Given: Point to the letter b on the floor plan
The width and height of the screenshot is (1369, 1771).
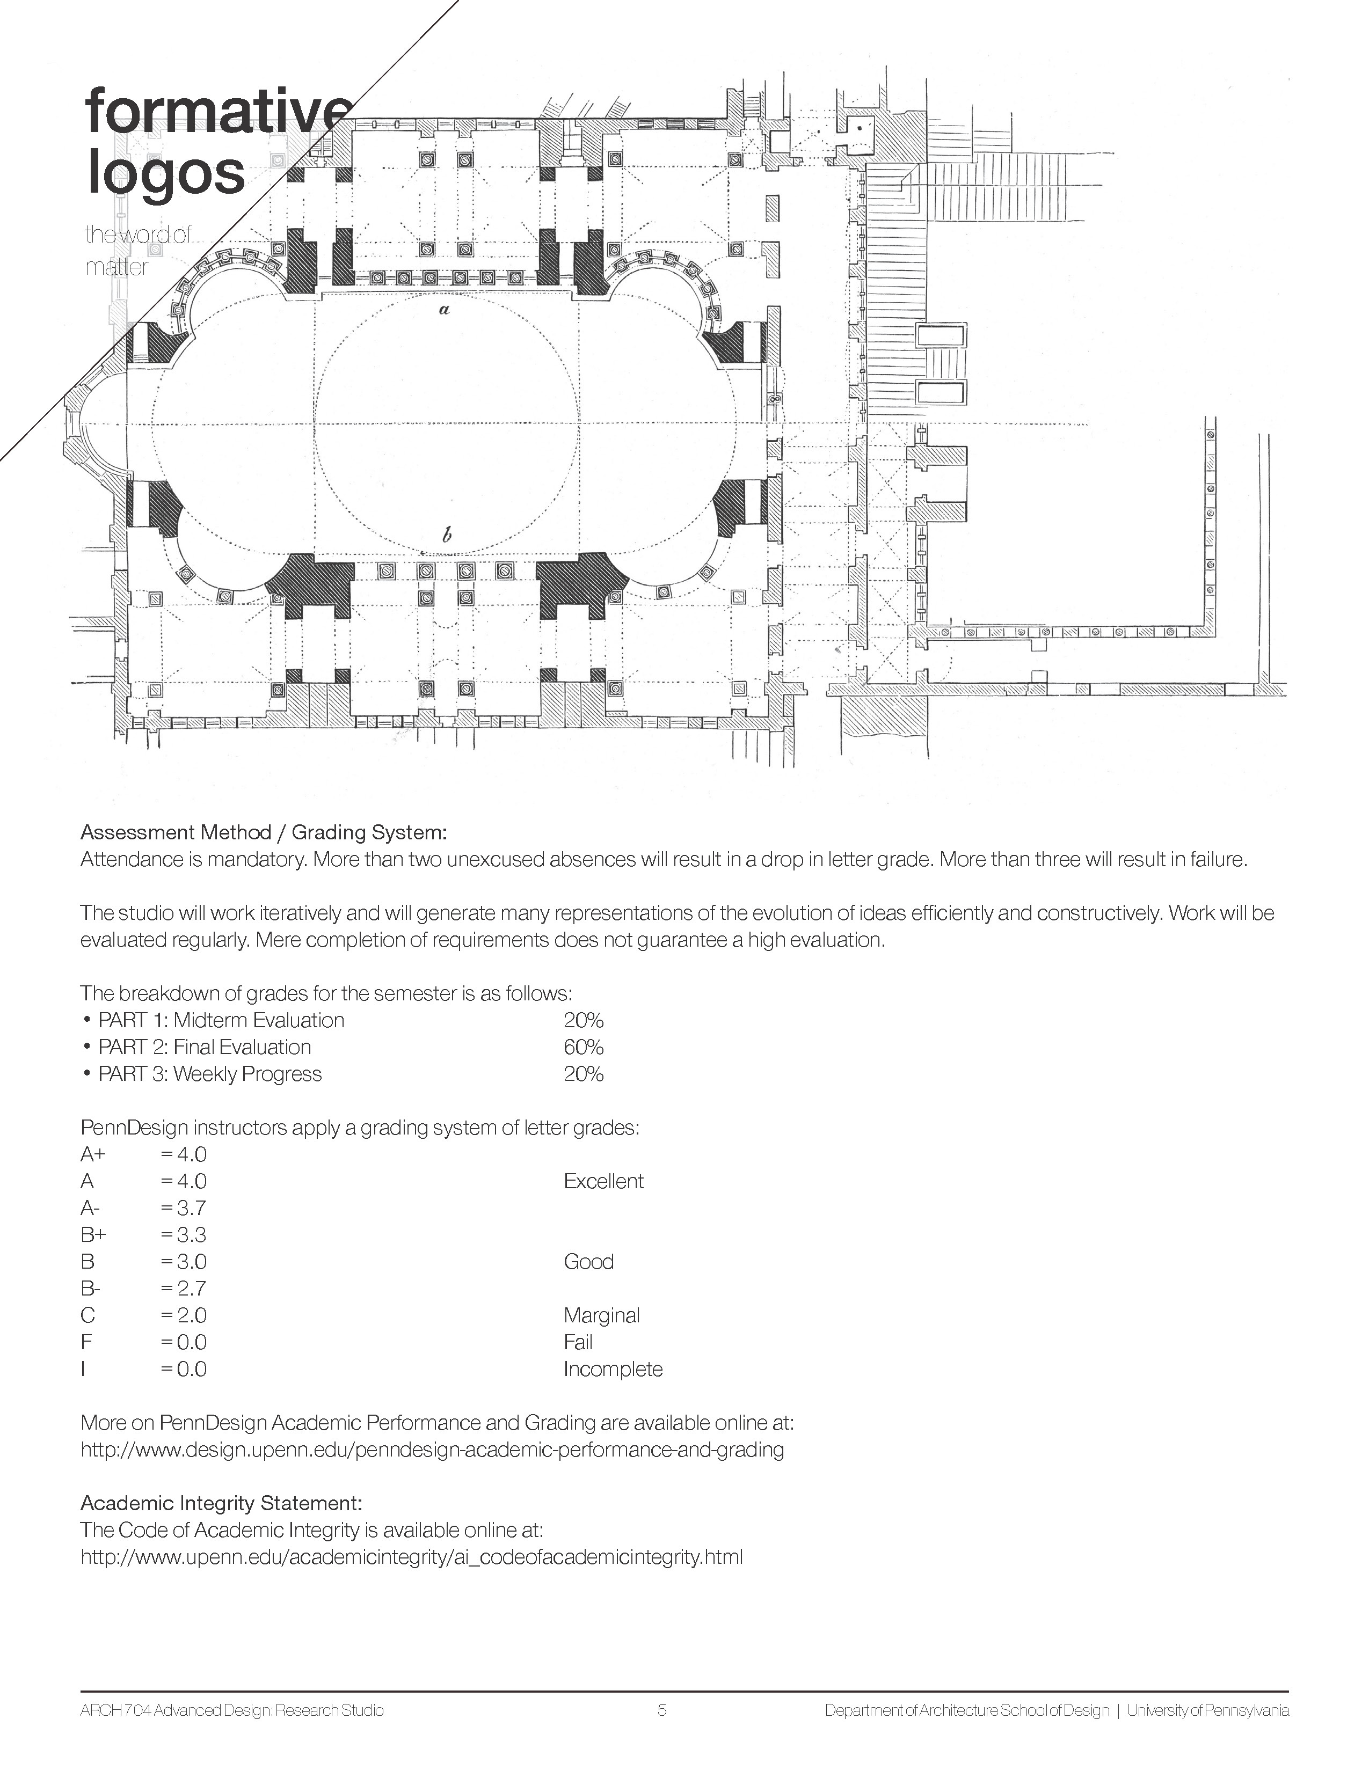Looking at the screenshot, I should tap(446, 535).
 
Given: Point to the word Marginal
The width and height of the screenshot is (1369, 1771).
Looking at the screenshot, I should tap(602, 1315).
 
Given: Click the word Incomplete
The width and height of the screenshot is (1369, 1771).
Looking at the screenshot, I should tap(613, 1369).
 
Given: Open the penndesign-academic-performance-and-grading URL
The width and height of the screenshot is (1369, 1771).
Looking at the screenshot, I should tap(432, 1450).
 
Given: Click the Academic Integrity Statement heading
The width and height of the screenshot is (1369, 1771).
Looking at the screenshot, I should tap(221, 1503).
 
